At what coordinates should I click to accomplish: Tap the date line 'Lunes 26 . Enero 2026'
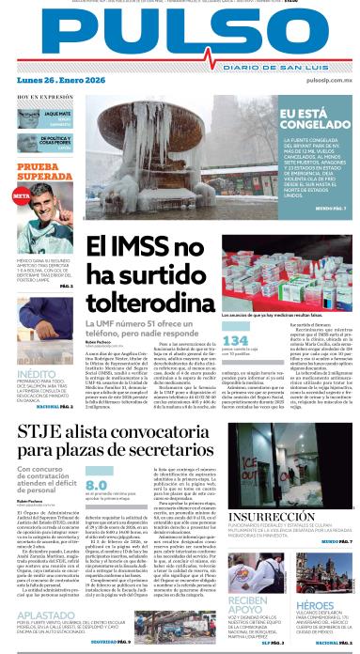click(50, 81)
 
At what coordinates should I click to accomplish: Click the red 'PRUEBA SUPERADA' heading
click(36, 172)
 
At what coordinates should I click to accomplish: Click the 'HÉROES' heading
click(316, 605)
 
